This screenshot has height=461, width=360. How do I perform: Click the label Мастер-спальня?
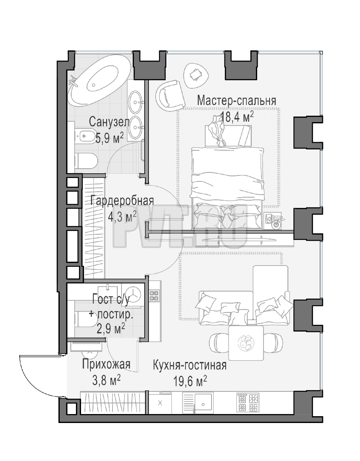click(x=237, y=101)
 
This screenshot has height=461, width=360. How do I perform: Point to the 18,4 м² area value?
click(x=237, y=117)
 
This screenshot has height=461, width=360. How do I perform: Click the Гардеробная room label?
click(x=122, y=201)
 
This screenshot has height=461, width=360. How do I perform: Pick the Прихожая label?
click(x=106, y=364)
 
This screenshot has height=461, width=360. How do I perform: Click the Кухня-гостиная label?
click(x=189, y=365)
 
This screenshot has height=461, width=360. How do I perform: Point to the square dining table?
click(x=246, y=343)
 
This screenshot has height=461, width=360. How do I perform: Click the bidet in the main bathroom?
click(x=84, y=136)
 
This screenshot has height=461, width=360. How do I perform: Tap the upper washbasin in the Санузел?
click(x=136, y=102)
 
